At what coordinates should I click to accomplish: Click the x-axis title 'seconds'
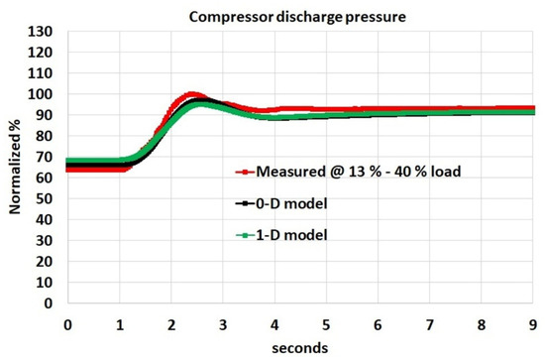[x=302, y=347]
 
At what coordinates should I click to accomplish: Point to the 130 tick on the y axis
[x=45, y=32]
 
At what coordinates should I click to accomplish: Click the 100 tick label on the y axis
[x=45, y=94]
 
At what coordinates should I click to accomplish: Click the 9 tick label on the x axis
[x=535, y=324]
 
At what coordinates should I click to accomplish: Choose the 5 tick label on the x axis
[x=327, y=324]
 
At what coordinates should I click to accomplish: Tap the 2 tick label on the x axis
[x=171, y=324]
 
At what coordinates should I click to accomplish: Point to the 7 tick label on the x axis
[x=431, y=324]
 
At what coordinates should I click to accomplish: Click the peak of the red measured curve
[x=192, y=95]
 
